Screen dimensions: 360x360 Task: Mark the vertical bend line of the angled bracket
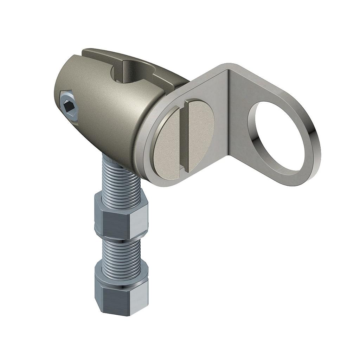[228, 116]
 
